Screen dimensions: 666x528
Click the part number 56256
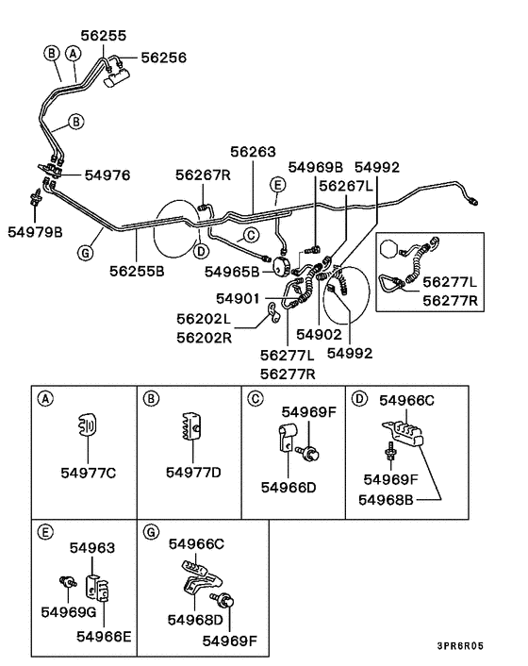164,58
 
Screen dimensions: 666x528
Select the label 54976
107,175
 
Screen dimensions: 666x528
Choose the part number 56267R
203,175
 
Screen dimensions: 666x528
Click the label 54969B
316,167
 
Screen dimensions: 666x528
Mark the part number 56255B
137,271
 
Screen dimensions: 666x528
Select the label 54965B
232,271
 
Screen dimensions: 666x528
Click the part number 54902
319,334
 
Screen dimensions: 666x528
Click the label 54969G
66,612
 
